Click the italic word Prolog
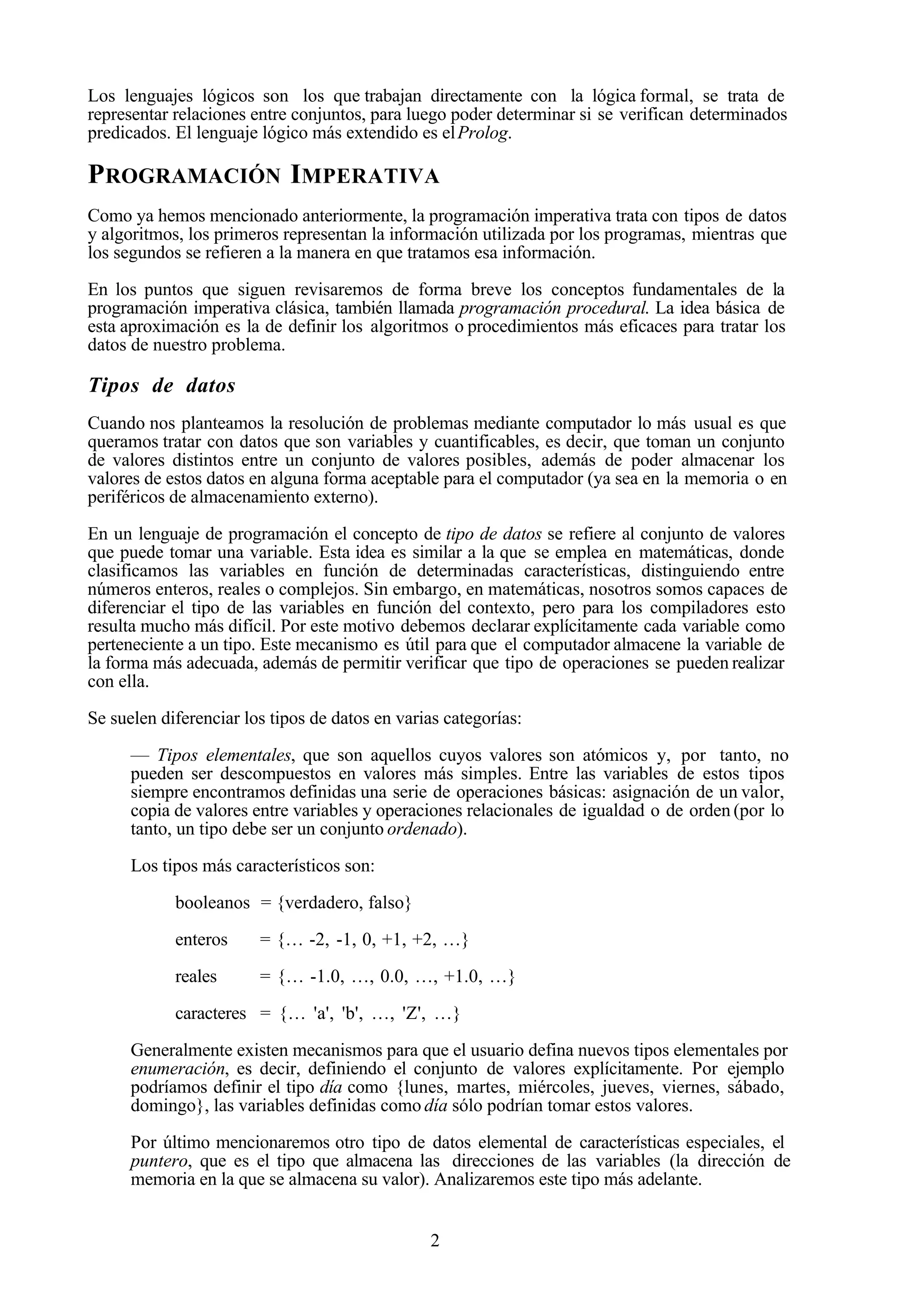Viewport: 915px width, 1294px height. click(x=483, y=134)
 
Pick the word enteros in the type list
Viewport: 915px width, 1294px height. click(x=201, y=940)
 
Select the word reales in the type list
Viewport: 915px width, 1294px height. click(x=196, y=977)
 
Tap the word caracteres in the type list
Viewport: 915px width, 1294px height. click(x=210, y=1013)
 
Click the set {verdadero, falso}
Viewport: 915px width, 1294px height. click(x=344, y=903)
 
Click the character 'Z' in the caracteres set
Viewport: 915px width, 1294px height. click(x=409, y=1013)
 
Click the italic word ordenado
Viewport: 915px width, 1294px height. click(x=422, y=830)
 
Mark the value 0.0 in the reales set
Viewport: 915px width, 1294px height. click(x=394, y=977)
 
